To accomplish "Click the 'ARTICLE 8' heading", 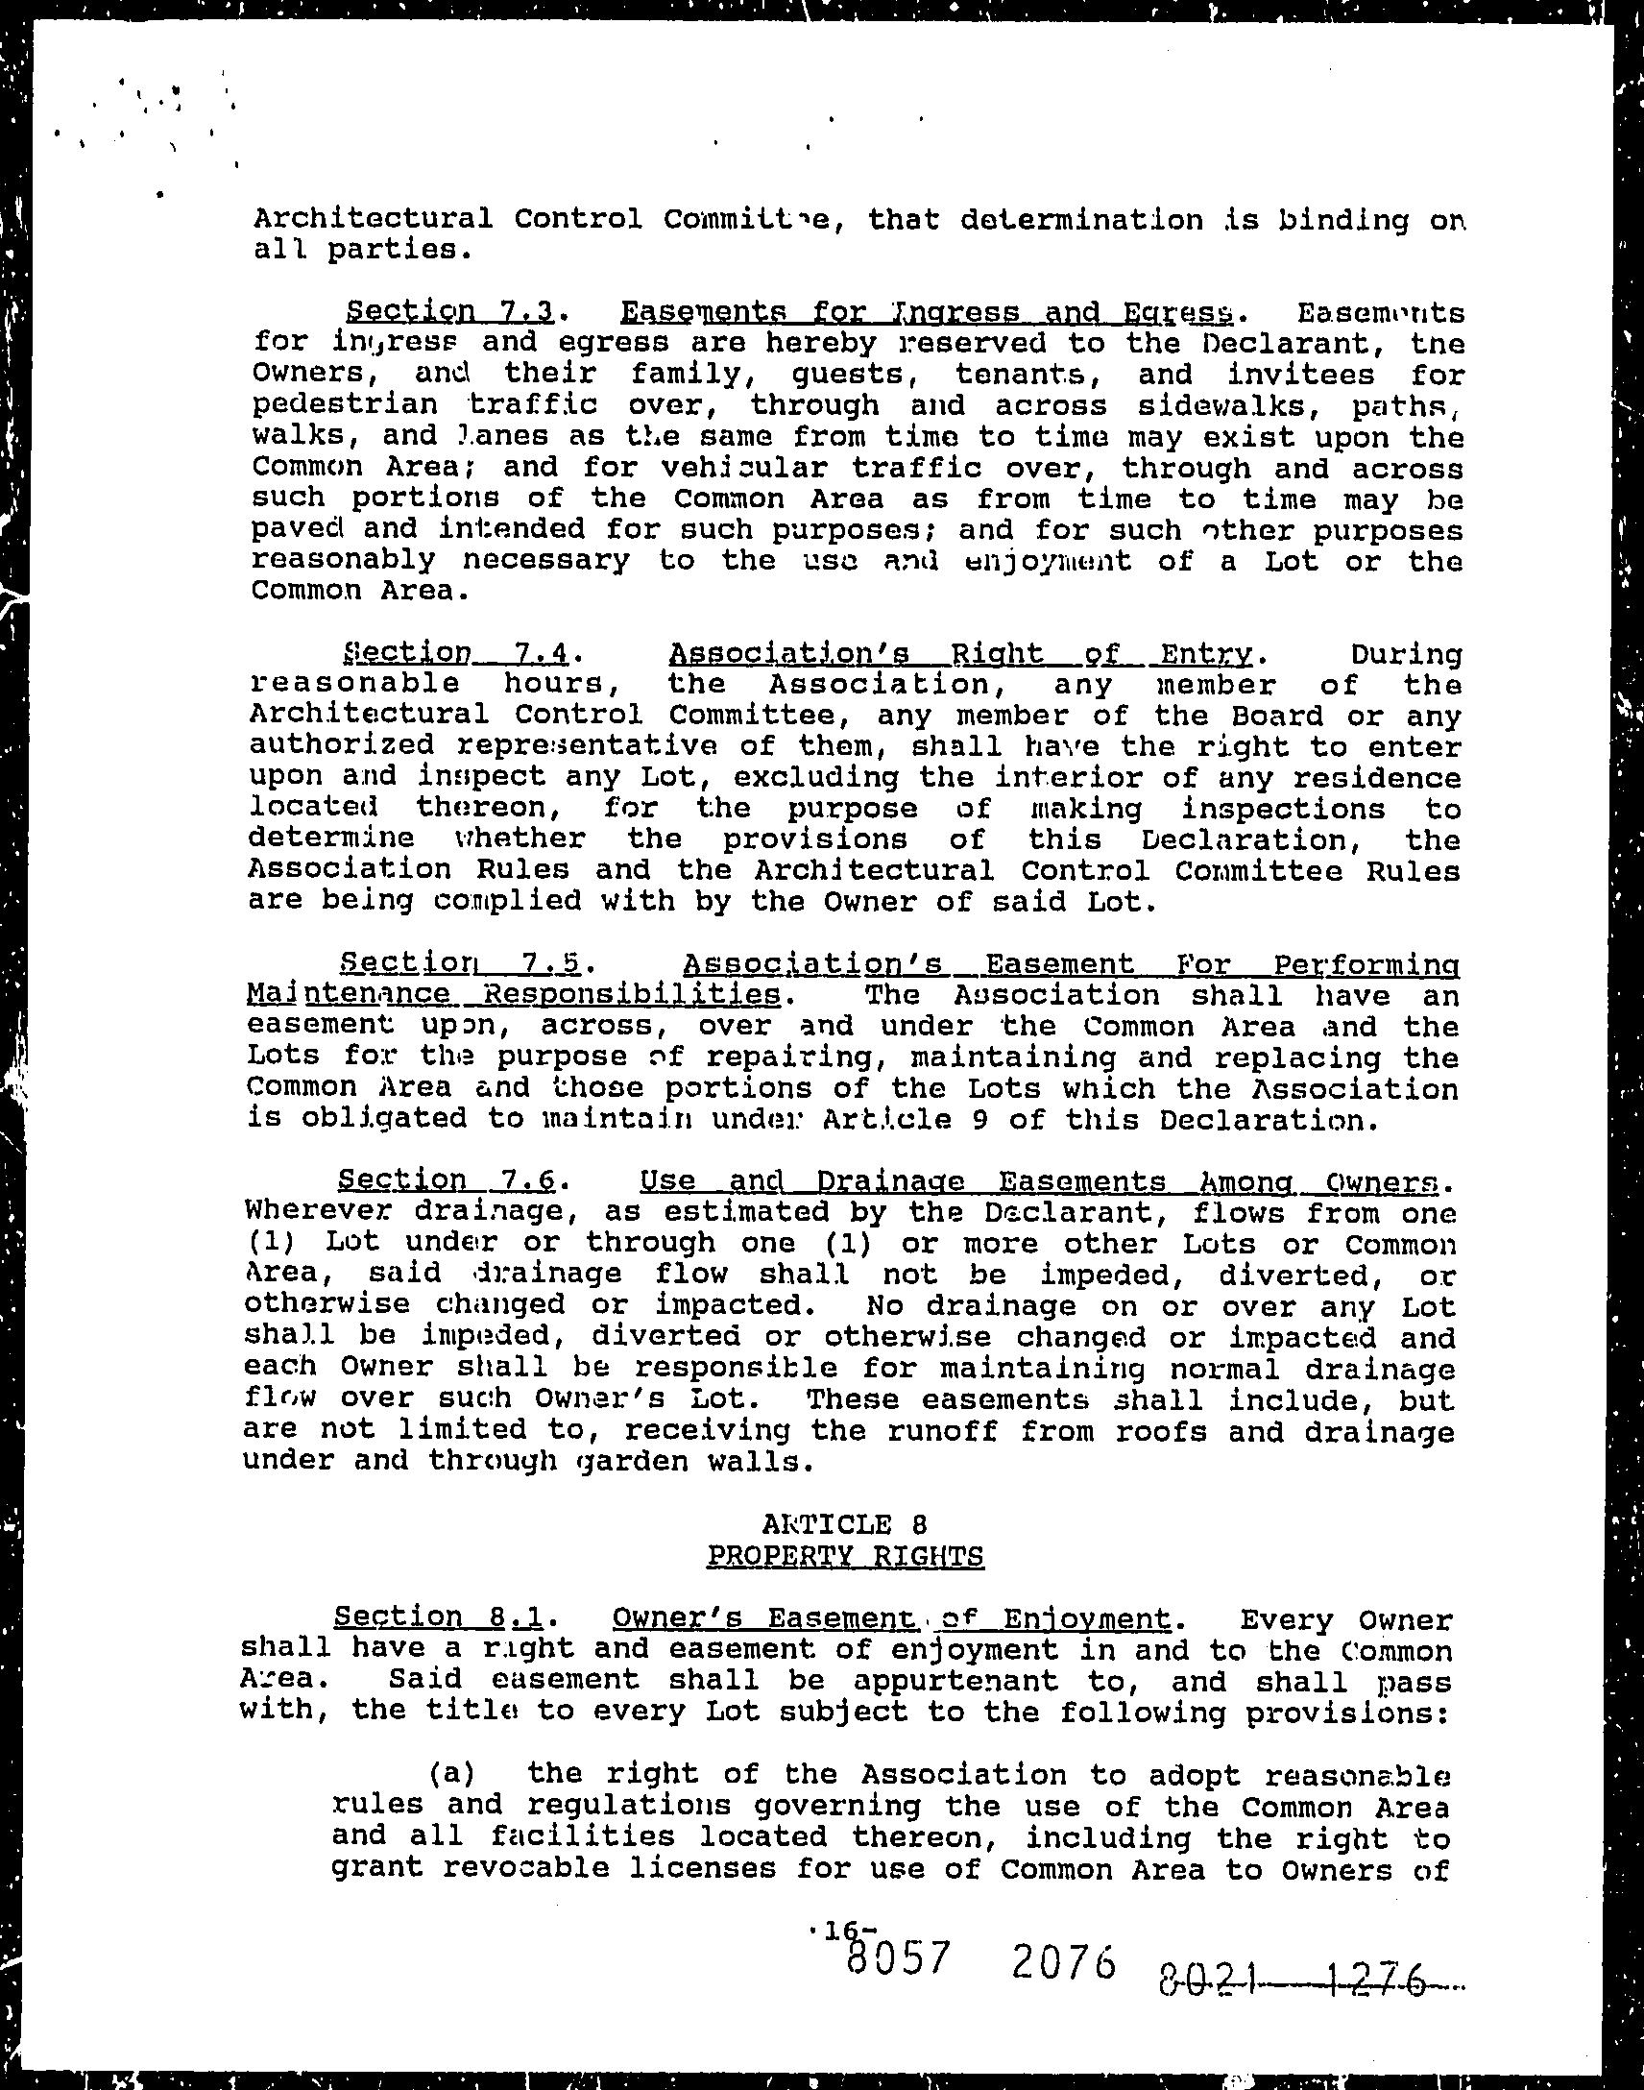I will tap(843, 1524).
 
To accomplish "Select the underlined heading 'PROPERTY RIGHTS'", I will tap(844, 1556).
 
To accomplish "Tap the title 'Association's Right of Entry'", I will tap(959, 654).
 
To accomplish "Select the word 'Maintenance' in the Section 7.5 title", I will tap(347, 994).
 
